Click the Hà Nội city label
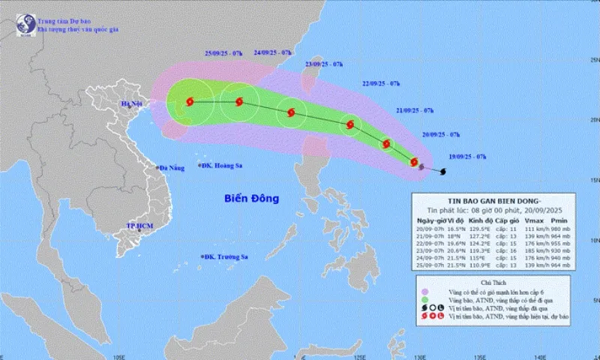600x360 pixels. pos(132,106)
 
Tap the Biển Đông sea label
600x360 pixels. pos(251,199)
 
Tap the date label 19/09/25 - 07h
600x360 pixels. pos(463,156)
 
